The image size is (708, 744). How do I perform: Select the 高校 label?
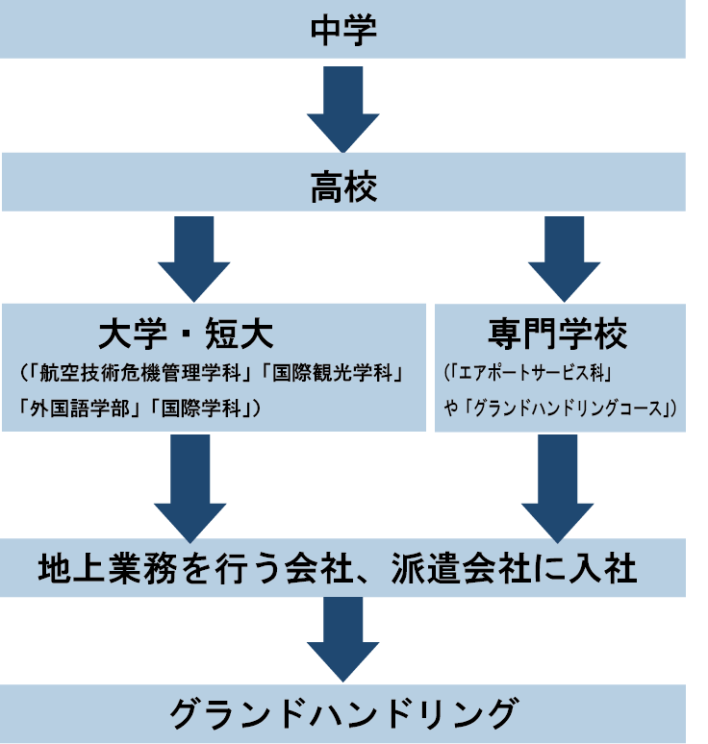pos(343,185)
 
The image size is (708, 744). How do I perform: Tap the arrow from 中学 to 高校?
pos(343,106)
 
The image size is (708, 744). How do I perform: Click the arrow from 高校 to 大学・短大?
pos(193,256)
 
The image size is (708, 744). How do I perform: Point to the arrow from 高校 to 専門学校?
pos(564,256)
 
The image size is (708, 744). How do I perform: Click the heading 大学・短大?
pos(187,335)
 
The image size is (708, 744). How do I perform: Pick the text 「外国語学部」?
pos(83,408)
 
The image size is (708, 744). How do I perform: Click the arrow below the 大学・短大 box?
pos(190,486)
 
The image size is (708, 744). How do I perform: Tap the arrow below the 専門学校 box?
pos(558,486)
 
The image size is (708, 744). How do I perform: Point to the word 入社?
pos(606,568)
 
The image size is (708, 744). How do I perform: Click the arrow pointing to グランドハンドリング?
pos(343,640)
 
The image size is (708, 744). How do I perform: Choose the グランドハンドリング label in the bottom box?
pos(343,715)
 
